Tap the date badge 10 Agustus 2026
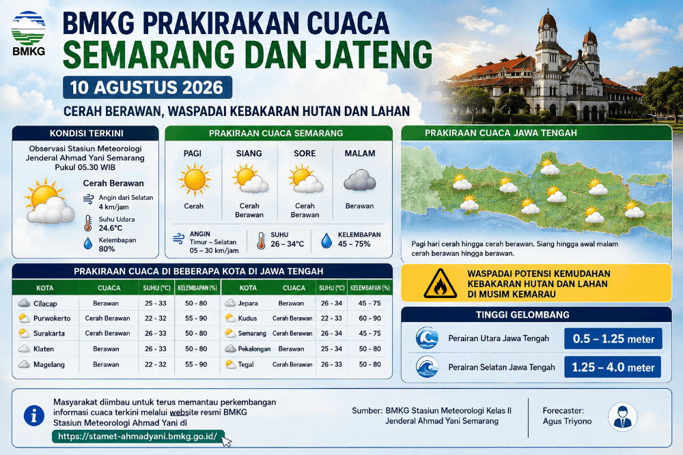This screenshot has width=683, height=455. pos(148,87)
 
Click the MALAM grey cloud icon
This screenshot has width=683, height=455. pos(360,181)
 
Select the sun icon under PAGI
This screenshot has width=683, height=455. pos(194,179)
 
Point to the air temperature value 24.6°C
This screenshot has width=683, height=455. pos(111,228)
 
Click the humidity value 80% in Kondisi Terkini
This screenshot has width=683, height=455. pos(107,249)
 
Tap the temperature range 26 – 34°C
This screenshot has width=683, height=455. pos(288,244)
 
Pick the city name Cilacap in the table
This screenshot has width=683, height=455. pos(45,304)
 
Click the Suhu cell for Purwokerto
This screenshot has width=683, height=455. pos(156,319)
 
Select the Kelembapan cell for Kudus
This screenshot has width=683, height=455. pos(370,319)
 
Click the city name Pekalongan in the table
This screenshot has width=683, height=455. pos(254,349)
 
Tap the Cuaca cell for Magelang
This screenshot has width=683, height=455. pos(106,364)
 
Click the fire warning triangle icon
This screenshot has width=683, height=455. pos(441,284)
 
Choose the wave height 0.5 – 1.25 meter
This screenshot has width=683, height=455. pos(613,339)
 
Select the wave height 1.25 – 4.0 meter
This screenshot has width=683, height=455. pos(613,367)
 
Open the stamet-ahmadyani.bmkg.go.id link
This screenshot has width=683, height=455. pos(138,437)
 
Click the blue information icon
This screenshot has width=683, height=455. pos(34,415)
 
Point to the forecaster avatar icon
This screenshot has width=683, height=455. pos(622,417)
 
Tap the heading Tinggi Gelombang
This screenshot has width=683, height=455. pos(522,314)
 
